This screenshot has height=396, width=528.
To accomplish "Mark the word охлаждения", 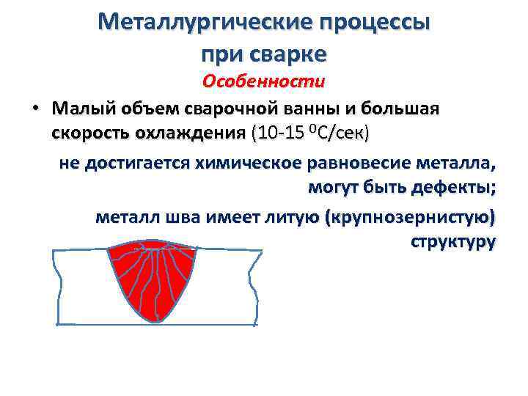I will [x=191, y=134].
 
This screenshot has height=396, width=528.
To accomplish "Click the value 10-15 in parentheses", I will [x=279, y=134].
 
